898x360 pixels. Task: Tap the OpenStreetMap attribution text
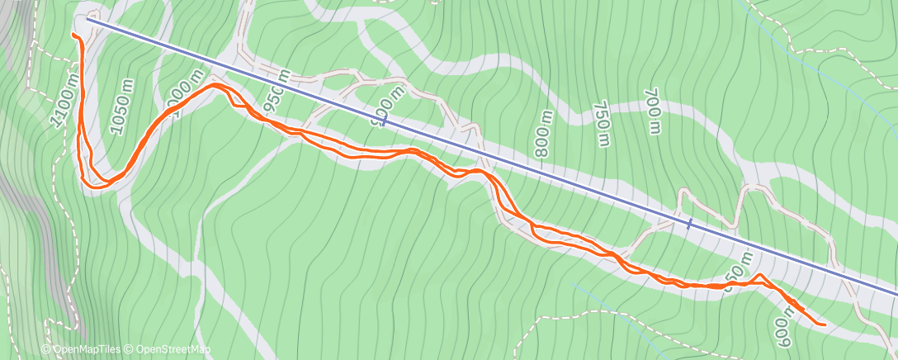[x=168, y=349]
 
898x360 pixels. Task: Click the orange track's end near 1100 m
[x=75, y=36]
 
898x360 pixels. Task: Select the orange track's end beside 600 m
[x=823, y=324]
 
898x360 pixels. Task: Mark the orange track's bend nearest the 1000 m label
[x=216, y=85]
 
